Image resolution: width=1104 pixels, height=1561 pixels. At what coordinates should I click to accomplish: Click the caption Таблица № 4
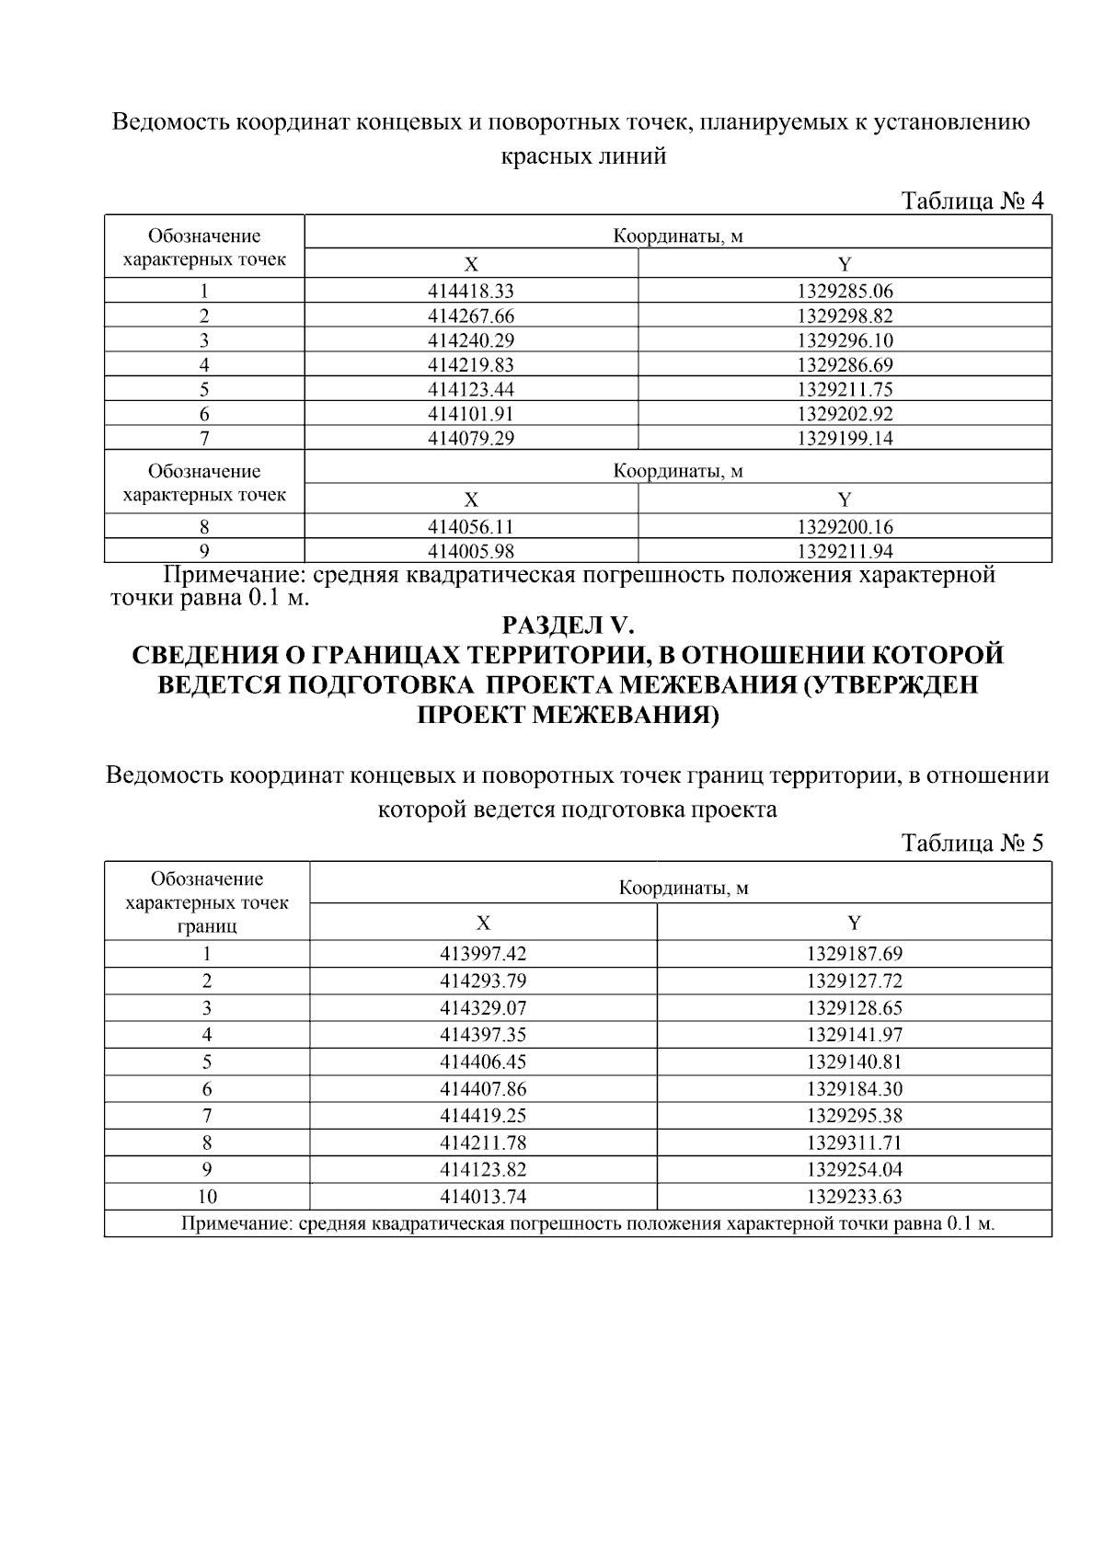coord(973,201)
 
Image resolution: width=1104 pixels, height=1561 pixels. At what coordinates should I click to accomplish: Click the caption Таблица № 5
coord(973,844)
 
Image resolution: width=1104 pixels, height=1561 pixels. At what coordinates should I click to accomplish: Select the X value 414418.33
coord(471,292)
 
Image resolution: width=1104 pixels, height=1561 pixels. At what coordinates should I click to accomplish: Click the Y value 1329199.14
coord(845,439)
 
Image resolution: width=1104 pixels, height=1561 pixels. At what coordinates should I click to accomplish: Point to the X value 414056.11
coord(471,527)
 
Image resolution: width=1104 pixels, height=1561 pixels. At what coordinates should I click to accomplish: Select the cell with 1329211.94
coord(845,552)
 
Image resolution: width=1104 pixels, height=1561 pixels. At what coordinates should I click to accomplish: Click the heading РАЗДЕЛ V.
coord(568,626)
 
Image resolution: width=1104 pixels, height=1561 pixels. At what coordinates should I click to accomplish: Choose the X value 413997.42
coord(483,954)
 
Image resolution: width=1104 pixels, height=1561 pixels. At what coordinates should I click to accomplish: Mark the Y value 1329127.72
coord(855,981)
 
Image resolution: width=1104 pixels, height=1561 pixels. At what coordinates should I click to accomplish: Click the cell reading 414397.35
coord(483,1035)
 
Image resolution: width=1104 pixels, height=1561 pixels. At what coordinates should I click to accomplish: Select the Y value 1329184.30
coord(855,1089)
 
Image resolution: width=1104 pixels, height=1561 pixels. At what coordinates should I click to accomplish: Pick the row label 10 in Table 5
coord(207,1197)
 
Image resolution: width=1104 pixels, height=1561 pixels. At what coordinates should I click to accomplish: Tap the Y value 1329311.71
coord(855,1143)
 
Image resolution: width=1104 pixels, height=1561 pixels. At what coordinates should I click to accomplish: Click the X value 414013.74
coord(483,1197)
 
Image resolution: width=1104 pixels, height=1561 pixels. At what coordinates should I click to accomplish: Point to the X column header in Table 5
coord(483,923)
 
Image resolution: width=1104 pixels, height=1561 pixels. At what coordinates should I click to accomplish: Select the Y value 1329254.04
coord(855,1170)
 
